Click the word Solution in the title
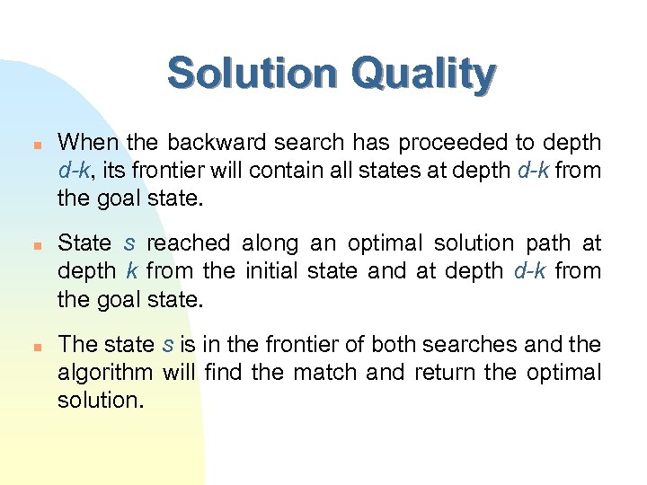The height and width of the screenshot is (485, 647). pyautogui.click(x=248, y=74)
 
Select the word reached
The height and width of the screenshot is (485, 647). pyautogui.click(x=188, y=243)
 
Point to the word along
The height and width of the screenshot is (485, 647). pyautogui.click(x=265, y=243)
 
